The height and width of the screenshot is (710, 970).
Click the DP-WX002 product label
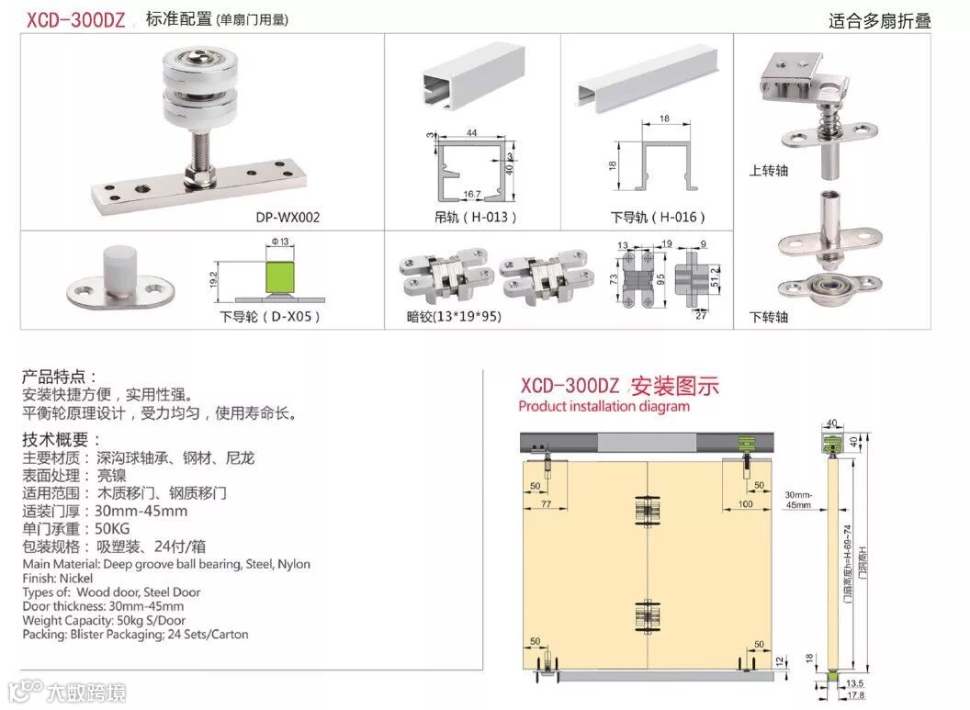[x=288, y=218]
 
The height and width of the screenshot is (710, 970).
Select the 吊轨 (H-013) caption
[x=475, y=218]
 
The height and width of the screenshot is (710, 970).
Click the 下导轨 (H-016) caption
[x=659, y=218]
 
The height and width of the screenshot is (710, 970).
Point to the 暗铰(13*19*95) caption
[x=454, y=317]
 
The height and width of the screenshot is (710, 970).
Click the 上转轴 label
[x=769, y=170]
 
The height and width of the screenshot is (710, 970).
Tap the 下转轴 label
[x=769, y=317]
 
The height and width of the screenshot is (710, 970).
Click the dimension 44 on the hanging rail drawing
[x=471, y=133]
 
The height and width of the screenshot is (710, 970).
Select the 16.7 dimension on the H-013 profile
[x=472, y=194]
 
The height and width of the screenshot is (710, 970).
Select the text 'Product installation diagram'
[x=603, y=406]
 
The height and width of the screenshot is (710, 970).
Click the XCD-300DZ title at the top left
[x=75, y=19]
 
